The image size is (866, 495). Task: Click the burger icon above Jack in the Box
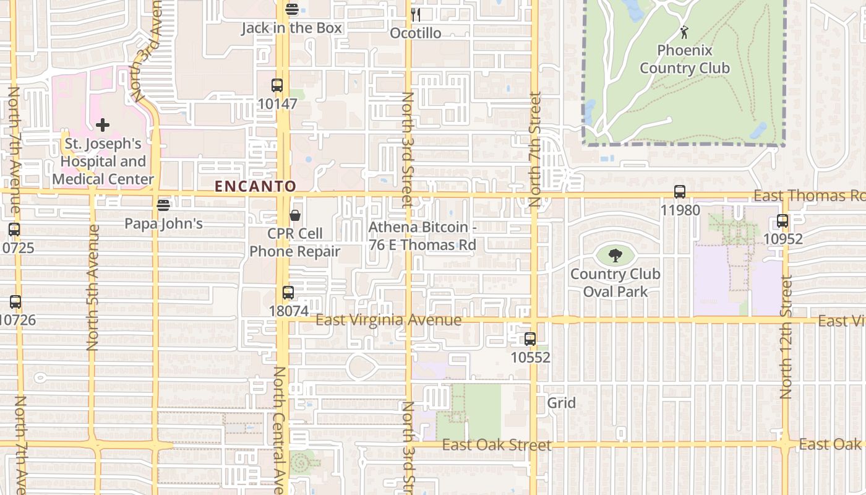click(x=292, y=9)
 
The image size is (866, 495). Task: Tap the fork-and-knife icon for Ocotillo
click(x=416, y=15)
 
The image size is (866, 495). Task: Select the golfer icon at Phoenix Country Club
click(x=684, y=32)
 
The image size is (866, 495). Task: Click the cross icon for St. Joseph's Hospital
click(x=103, y=125)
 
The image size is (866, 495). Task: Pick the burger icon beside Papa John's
click(x=163, y=205)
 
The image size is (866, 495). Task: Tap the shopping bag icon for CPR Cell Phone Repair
click(x=295, y=215)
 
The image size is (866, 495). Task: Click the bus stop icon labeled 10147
click(x=277, y=85)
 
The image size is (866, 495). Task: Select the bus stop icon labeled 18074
click(x=288, y=293)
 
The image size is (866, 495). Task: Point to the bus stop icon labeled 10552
click(x=530, y=339)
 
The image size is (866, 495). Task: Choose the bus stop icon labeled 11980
click(x=680, y=192)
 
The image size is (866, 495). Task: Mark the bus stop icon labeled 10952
click(x=782, y=221)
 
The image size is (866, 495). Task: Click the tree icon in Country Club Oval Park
click(x=615, y=256)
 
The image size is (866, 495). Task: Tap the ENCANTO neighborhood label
click(x=255, y=186)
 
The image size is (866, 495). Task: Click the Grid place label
click(x=562, y=403)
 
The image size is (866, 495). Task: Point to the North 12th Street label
click(x=786, y=337)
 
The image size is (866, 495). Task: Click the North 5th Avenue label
click(x=93, y=288)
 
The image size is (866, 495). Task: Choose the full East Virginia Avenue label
click(x=388, y=320)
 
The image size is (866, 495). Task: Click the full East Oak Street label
click(x=497, y=445)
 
